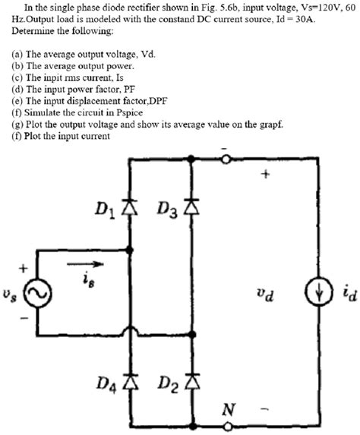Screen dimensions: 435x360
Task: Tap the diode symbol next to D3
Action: click(x=191, y=206)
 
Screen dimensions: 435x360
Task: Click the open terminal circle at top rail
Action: click(x=226, y=158)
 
